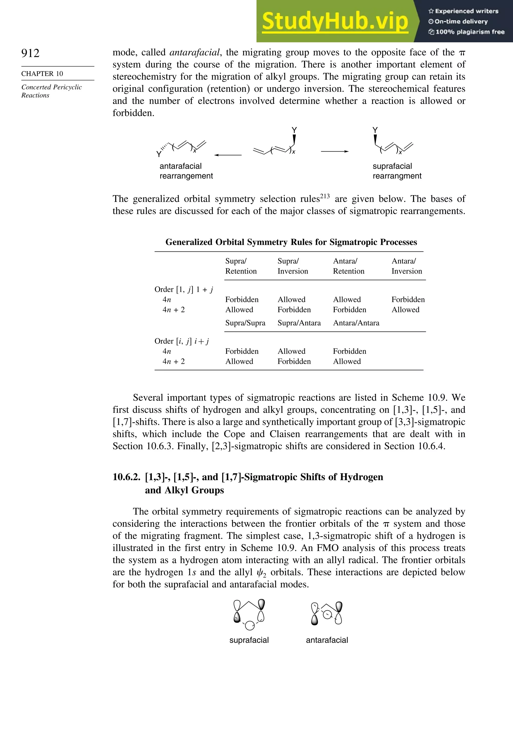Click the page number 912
click(30, 53)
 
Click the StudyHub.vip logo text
click(335, 21)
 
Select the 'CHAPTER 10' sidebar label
click(42, 74)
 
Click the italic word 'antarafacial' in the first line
click(194, 52)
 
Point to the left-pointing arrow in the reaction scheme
click(228, 155)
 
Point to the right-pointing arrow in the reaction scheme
click(335, 151)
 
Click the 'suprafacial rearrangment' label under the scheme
click(397, 171)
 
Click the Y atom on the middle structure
click(294, 130)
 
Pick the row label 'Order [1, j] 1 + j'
click(184, 290)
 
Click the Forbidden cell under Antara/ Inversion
click(408, 299)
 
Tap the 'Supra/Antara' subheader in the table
click(299, 323)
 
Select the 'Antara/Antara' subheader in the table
click(356, 323)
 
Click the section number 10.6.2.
click(126, 477)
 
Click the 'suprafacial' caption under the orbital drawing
click(249, 640)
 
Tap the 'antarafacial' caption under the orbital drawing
click(327, 640)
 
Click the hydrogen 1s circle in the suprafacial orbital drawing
click(250, 626)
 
